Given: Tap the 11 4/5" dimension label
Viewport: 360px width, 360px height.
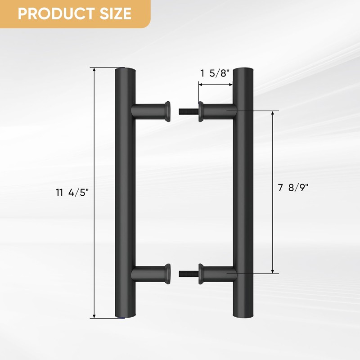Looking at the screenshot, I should click(72, 193).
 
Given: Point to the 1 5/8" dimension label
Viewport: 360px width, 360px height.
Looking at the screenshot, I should click(215, 73).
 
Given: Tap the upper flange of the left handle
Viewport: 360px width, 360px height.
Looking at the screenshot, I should click(167, 111).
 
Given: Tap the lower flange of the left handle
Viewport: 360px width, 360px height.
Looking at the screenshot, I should click(167, 273).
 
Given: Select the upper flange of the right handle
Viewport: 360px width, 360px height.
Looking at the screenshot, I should click(202, 111).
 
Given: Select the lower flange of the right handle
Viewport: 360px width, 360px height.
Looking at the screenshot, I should click(202, 273).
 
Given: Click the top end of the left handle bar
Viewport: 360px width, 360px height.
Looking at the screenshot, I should click(125, 71).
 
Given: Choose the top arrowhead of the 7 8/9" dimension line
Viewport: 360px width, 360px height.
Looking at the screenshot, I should click(273, 113).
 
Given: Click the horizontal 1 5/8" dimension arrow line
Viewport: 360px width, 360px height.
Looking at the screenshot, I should click(215, 84).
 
